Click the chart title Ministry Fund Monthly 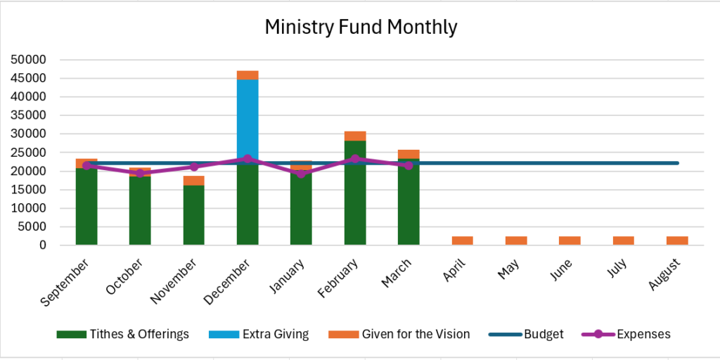[x=361, y=27]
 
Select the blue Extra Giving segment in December [x=247, y=116]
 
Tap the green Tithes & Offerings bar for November [x=193, y=214]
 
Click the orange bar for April [x=462, y=240]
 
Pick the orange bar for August [x=677, y=240]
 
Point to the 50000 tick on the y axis [x=30, y=60]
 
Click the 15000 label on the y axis [x=30, y=190]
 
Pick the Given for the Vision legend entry [x=415, y=334]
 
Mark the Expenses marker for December [x=247, y=159]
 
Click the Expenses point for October [x=140, y=173]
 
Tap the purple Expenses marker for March [x=409, y=165]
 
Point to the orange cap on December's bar [x=247, y=75]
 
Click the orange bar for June [x=570, y=240]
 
